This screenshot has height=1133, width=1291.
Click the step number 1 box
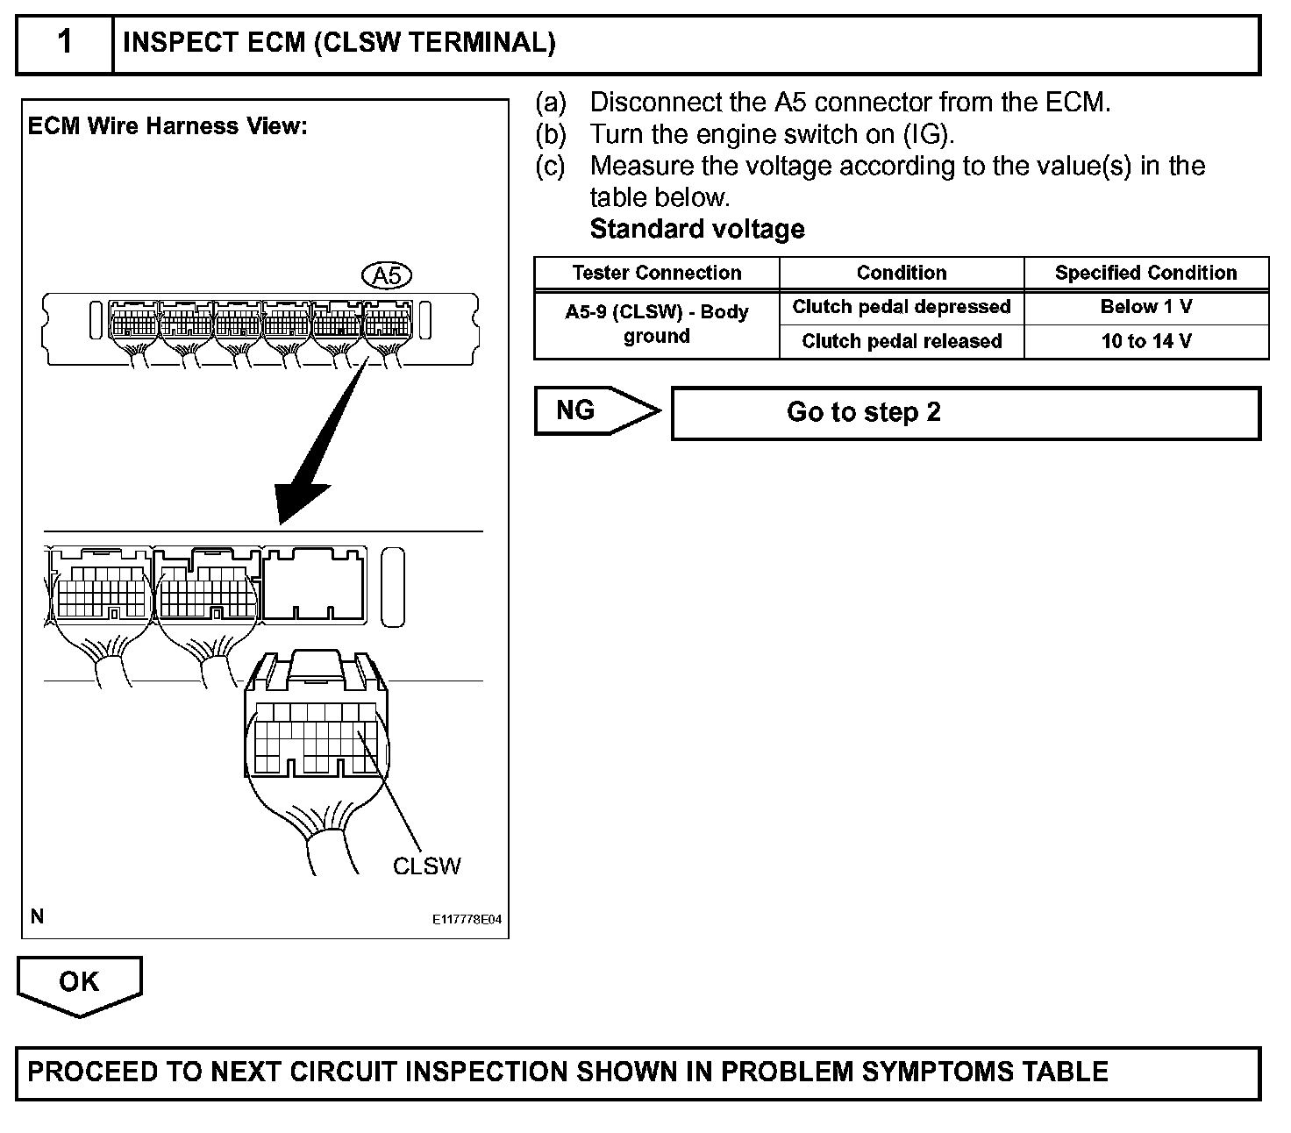(65, 43)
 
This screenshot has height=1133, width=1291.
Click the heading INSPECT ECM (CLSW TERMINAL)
(339, 43)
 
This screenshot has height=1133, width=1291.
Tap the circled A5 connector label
(387, 276)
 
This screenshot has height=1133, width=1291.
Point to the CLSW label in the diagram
(426, 866)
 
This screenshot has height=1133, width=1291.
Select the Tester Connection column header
(657, 273)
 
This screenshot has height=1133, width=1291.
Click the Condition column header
(902, 273)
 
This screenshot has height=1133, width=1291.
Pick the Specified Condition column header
(1145, 273)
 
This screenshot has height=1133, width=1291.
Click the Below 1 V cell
(1145, 307)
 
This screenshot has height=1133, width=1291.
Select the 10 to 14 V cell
(1145, 341)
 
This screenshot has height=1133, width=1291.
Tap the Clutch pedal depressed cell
(902, 307)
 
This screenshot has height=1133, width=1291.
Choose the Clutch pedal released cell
(902, 341)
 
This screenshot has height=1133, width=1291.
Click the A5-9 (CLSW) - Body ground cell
(657, 324)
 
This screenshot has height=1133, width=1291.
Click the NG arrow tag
(588, 410)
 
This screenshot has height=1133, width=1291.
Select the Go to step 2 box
(965, 412)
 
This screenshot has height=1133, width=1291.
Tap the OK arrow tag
(79, 982)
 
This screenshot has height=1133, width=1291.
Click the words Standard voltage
(697, 229)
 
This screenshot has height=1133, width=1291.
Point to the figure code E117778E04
(467, 920)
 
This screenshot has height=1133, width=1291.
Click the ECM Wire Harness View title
(168, 126)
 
